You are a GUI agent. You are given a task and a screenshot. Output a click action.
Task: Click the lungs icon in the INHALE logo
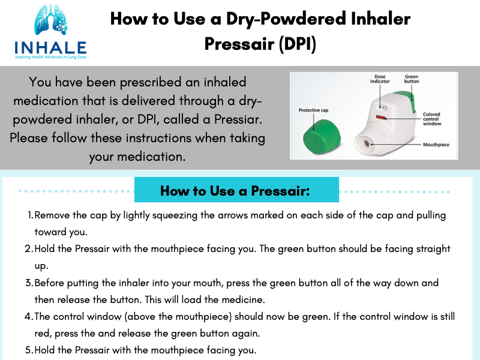point(50,20)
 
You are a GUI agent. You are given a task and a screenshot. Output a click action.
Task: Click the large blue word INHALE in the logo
point(50,48)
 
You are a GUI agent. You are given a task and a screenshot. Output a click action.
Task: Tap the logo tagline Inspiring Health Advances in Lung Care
point(50,57)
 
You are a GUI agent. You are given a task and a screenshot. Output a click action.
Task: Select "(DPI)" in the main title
point(297,44)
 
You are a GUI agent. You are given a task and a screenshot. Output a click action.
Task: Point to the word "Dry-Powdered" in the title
point(286,19)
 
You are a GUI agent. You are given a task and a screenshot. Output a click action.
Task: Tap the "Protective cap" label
point(313,110)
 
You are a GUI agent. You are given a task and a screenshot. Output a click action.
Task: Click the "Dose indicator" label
point(380,79)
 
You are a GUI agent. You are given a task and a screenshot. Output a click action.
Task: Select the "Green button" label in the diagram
point(412,79)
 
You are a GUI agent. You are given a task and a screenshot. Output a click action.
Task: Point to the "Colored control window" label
point(432,119)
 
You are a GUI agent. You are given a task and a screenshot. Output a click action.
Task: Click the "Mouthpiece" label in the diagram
point(436,145)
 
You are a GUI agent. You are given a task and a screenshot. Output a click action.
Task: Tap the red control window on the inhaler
point(380,117)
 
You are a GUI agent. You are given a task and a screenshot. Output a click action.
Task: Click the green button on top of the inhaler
point(405,100)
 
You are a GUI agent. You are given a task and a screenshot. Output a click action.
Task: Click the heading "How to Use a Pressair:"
point(235,191)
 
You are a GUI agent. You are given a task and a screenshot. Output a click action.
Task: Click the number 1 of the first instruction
point(31,215)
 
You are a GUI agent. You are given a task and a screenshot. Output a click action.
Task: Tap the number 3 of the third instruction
point(29,283)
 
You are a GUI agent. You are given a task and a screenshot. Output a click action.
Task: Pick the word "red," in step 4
point(43,334)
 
